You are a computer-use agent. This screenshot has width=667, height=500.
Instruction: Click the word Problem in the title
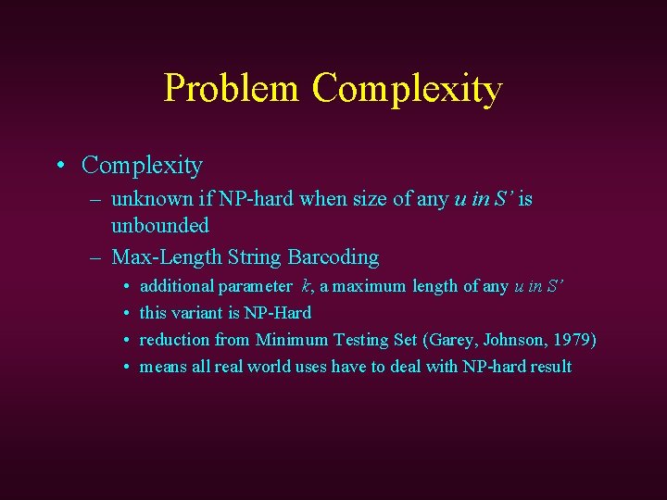click(232, 89)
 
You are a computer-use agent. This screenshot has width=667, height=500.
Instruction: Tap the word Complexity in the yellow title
click(407, 89)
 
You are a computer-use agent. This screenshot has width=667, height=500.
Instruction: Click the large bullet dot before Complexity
click(60, 166)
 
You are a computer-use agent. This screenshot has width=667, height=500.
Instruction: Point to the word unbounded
click(160, 225)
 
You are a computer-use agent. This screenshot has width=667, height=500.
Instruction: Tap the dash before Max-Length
click(96, 257)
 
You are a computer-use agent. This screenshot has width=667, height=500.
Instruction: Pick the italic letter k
click(306, 287)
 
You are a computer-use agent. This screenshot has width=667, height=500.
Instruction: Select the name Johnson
click(510, 340)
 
